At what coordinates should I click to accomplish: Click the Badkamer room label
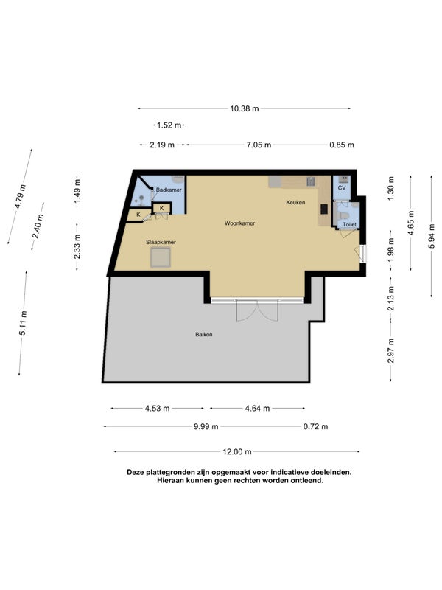169,190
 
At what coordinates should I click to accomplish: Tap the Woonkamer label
240,223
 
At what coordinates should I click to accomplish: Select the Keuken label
295,202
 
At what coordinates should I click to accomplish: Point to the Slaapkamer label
161,243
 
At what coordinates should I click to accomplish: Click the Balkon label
204,335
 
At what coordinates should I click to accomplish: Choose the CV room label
342,188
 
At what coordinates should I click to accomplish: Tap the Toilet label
349,225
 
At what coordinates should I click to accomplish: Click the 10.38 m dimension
245,108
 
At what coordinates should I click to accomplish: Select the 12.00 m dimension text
237,452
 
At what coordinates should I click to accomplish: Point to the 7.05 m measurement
259,145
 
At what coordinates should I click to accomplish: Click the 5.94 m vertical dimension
431,236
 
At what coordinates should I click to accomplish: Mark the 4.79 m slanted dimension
20,196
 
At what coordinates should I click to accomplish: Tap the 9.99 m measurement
206,427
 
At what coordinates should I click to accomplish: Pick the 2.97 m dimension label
391,351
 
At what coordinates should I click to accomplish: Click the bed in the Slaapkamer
161,258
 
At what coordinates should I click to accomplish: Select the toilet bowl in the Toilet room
343,215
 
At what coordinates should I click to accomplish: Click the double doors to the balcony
257,310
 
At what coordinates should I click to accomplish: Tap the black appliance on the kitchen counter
324,209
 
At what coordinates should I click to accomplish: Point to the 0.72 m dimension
316,427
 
